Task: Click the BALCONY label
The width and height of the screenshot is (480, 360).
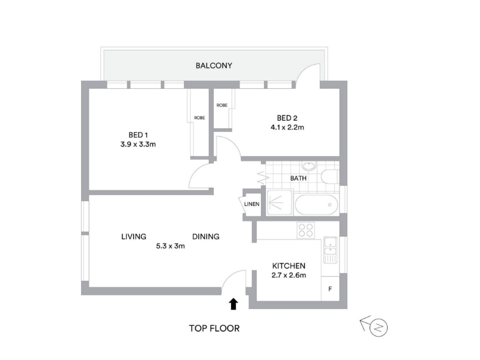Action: pyautogui.click(x=214, y=65)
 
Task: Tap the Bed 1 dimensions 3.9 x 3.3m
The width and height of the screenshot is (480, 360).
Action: pyautogui.click(x=138, y=144)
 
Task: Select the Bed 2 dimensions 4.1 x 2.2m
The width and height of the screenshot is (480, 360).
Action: pyautogui.click(x=287, y=127)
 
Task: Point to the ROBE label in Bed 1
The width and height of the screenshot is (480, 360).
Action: pyautogui.click(x=199, y=118)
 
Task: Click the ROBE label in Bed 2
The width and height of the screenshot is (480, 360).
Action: pyautogui.click(x=222, y=106)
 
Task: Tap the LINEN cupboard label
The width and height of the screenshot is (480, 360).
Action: pyautogui.click(x=251, y=204)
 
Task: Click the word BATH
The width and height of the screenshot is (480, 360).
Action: pyautogui.click(x=298, y=178)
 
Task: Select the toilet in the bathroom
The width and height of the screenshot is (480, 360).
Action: pyautogui.click(x=329, y=176)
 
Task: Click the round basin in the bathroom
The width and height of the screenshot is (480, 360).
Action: pyautogui.click(x=309, y=167)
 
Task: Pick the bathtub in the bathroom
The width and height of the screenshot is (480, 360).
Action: pyautogui.click(x=317, y=205)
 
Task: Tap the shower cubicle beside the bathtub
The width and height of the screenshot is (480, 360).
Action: pyautogui.click(x=280, y=202)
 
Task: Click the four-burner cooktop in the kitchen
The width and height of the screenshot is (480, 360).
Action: pyautogui.click(x=306, y=230)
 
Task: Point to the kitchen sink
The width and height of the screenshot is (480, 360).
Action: pyautogui.click(x=330, y=250)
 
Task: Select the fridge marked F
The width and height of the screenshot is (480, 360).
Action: pyautogui.click(x=330, y=289)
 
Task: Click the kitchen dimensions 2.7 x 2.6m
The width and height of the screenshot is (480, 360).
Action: pyautogui.click(x=289, y=275)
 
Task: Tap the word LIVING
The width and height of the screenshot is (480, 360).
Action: pyautogui.click(x=134, y=236)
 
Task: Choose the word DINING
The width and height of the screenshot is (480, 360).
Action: pyautogui.click(x=206, y=236)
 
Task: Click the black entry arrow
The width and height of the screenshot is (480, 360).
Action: pyautogui.click(x=233, y=304)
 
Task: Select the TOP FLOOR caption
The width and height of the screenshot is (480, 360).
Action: pyautogui.click(x=214, y=328)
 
